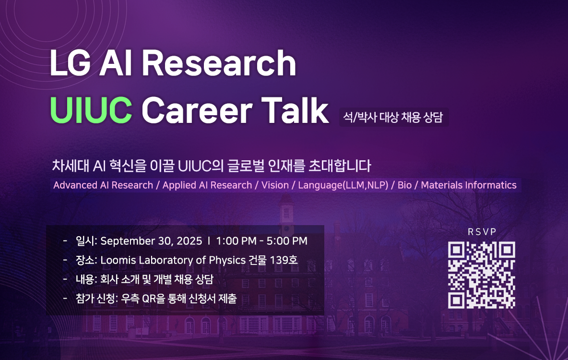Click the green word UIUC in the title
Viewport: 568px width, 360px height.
(91, 110)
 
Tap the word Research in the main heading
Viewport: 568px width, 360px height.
(219, 63)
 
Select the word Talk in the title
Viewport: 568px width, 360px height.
(295, 110)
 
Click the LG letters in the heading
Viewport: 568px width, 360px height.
(70, 63)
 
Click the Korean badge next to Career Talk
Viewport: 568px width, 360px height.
(393, 117)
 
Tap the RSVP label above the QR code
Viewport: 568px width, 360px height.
(482, 232)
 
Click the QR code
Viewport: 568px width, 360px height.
(482, 275)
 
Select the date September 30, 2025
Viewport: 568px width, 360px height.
(151, 241)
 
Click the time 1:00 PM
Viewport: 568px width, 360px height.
(236, 241)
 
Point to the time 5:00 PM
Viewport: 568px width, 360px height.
(287, 241)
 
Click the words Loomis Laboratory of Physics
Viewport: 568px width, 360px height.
(173, 260)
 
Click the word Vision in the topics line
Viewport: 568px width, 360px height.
(275, 185)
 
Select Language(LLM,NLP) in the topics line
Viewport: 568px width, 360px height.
(343, 185)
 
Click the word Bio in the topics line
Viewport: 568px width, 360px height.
(404, 185)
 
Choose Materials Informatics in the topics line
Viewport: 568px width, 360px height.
(469, 185)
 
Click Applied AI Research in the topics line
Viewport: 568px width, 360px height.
(207, 185)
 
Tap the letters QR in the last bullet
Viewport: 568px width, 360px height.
(149, 299)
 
